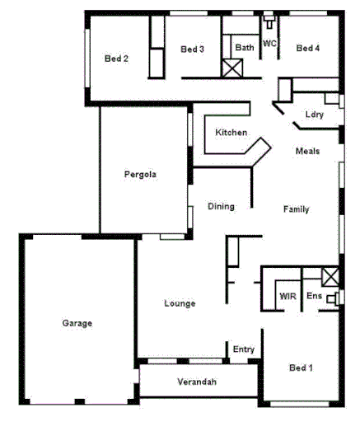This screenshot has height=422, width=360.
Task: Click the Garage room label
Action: tap(77, 323)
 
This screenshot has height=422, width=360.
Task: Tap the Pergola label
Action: tap(140, 174)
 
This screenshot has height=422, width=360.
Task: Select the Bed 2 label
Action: tap(116, 59)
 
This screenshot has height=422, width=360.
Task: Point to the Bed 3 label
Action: tap(192, 49)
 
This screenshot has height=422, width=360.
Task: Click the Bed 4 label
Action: tap(307, 49)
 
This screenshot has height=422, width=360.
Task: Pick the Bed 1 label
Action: tap(301, 367)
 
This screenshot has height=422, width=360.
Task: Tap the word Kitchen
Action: tap(231, 133)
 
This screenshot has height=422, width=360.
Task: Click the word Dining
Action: tap(221, 206)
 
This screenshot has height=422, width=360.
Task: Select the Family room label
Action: tap(296, 209)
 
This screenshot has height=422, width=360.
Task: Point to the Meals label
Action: tap(307, 152)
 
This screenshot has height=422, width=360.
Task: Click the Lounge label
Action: tap(180, 303)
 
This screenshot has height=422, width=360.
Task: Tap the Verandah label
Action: tap(197, 382)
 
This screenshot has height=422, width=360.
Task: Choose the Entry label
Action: tap(244, 349)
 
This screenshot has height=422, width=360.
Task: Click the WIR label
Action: tap(288, 295)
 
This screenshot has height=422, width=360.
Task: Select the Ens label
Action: tap(314, 295)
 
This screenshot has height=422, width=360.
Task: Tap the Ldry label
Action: tap(313, 115)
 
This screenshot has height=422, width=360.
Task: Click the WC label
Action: tap(269, 43)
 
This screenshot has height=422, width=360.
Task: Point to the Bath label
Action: tap(244, 48)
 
